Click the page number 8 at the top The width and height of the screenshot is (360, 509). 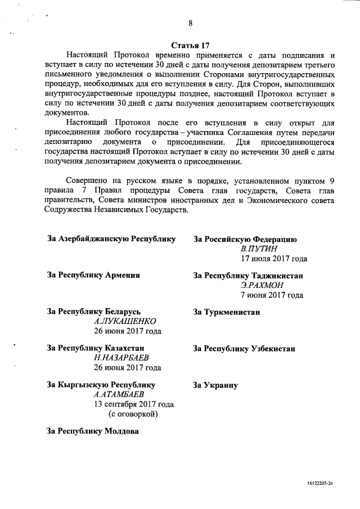tap(191, 23)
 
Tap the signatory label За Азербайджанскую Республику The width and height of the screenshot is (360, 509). tap(111, 239)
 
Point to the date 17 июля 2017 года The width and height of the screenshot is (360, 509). tap(274, 259)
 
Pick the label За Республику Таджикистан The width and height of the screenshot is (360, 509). tap(249, 275)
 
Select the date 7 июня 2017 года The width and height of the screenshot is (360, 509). tap(272, 295)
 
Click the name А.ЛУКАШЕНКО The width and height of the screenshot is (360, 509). tap(124, 321)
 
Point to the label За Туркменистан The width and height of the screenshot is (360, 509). tap(226, 312)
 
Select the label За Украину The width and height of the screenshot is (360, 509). tap(215, 385)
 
